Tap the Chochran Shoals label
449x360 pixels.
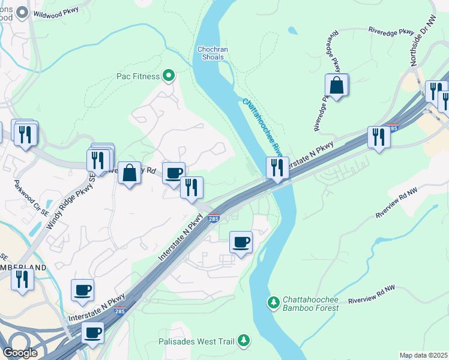(x=210, y=53)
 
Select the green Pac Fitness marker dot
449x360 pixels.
(x=169, y=76)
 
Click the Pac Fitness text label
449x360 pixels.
(x=138, y=76)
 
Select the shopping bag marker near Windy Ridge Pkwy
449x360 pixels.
(x=129, y=173)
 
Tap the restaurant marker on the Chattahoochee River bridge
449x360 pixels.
(x=277, y=167)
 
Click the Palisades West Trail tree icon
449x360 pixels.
(x=244, y=341)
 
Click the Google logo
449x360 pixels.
(x=20, y=353)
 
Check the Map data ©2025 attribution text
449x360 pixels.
(x=423, y=355)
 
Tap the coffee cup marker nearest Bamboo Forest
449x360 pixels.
(x=241, y=242)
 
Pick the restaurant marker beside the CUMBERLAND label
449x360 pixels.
(x=22, y=280)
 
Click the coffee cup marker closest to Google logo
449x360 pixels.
(x=92, y=333)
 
